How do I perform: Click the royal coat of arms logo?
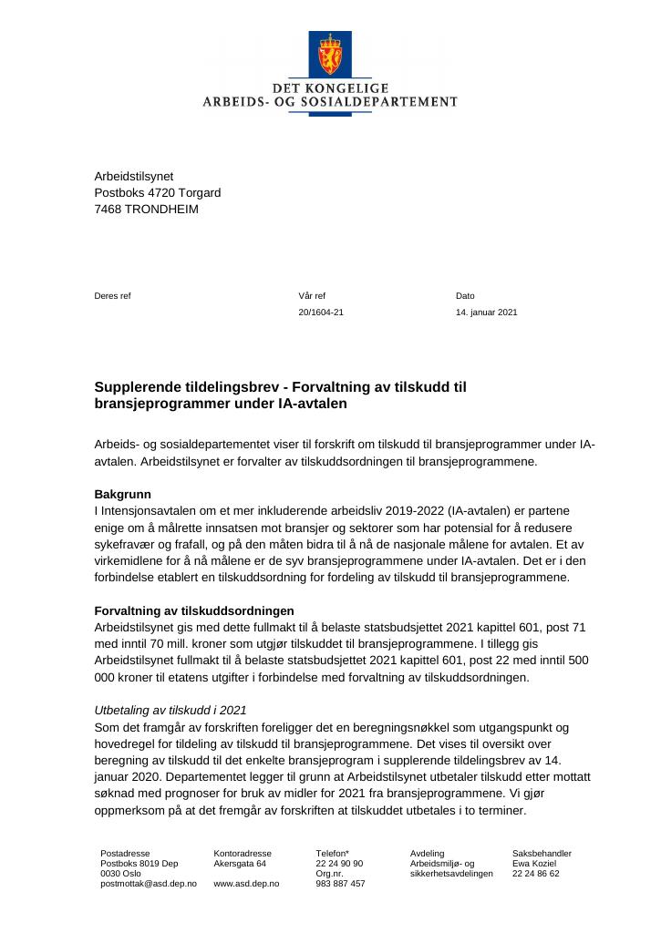pyautogui.click(x=329, y=54)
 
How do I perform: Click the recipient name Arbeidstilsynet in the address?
pyautogui.click(x=133, y=176)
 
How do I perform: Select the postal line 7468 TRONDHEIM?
pyautogui.click(x=146, y=209)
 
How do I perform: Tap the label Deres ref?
pyautogui.click(x=112, y=296)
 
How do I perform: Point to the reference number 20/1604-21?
pyautogui.click(x=321, y=313)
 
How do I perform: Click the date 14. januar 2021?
pyautogui.click(x=486, y=313)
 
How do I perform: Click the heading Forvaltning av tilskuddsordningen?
pyautogui.click(x=194, y=610)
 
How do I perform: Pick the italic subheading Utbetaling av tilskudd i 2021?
pyautogui.click(x=170, y=710)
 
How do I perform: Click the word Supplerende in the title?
pyautogui.click(x=137, y=387)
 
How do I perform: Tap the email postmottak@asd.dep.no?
pyautogui.click(x=148, y=884)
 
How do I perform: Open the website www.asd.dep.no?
pyautogui.click(x=246, y=884)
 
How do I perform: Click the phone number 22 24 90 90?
pyautogui.click(x=339, y=864)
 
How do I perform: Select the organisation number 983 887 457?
pyautogui.click(x=340, y=884)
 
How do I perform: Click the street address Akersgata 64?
pyautogui.click(x=240, y=864)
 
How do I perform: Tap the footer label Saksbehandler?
pyautogui.click(x=542, y=854)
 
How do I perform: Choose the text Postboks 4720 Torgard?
pyautogui.click(x=157, y=192)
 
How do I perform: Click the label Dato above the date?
pyautogui.click(x=465, y=296)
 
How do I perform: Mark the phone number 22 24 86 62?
pyautogui.click(x=536, y=874)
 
